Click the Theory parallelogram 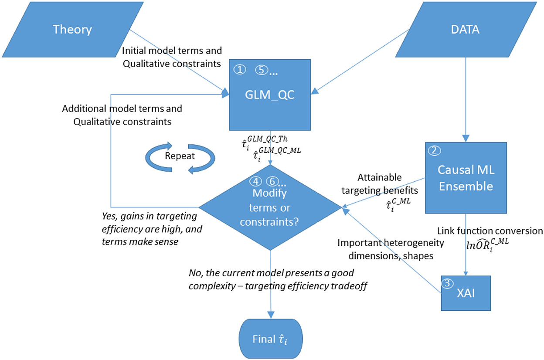(72, 30)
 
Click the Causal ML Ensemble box (466, 178)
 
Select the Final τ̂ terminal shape (270, 339)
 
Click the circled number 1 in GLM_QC (239, 69)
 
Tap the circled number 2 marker (434, 151)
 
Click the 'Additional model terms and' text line (122, 109)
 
